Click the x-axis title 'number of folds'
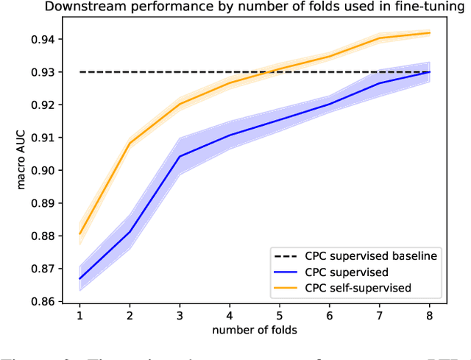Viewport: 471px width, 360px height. (254, 329)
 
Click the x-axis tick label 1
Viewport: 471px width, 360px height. (79, 315)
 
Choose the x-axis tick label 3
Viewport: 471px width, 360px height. (180, 315)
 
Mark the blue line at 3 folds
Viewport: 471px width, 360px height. (180, 156)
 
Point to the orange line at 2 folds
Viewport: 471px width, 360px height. (130, 143)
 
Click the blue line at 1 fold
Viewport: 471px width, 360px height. (79, 279)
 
